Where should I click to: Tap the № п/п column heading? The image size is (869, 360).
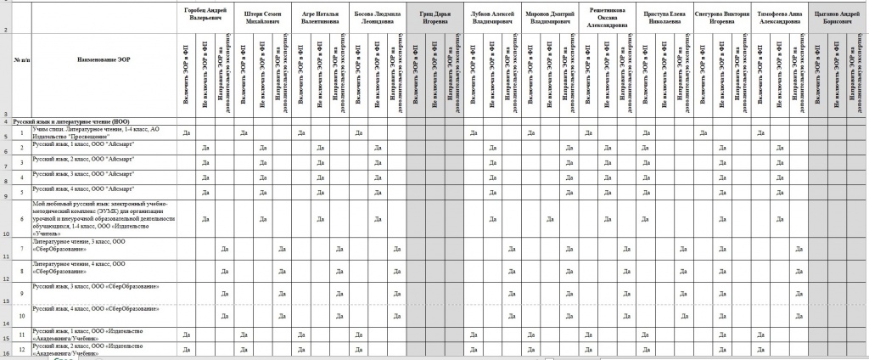pos(21,60)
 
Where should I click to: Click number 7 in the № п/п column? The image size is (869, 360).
pos(21,249)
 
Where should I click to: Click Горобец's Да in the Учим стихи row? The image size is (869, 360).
pos(187,133)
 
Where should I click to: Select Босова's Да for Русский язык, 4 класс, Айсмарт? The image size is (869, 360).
pos(378,194)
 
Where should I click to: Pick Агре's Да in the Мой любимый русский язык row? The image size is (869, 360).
pos(320,217)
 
